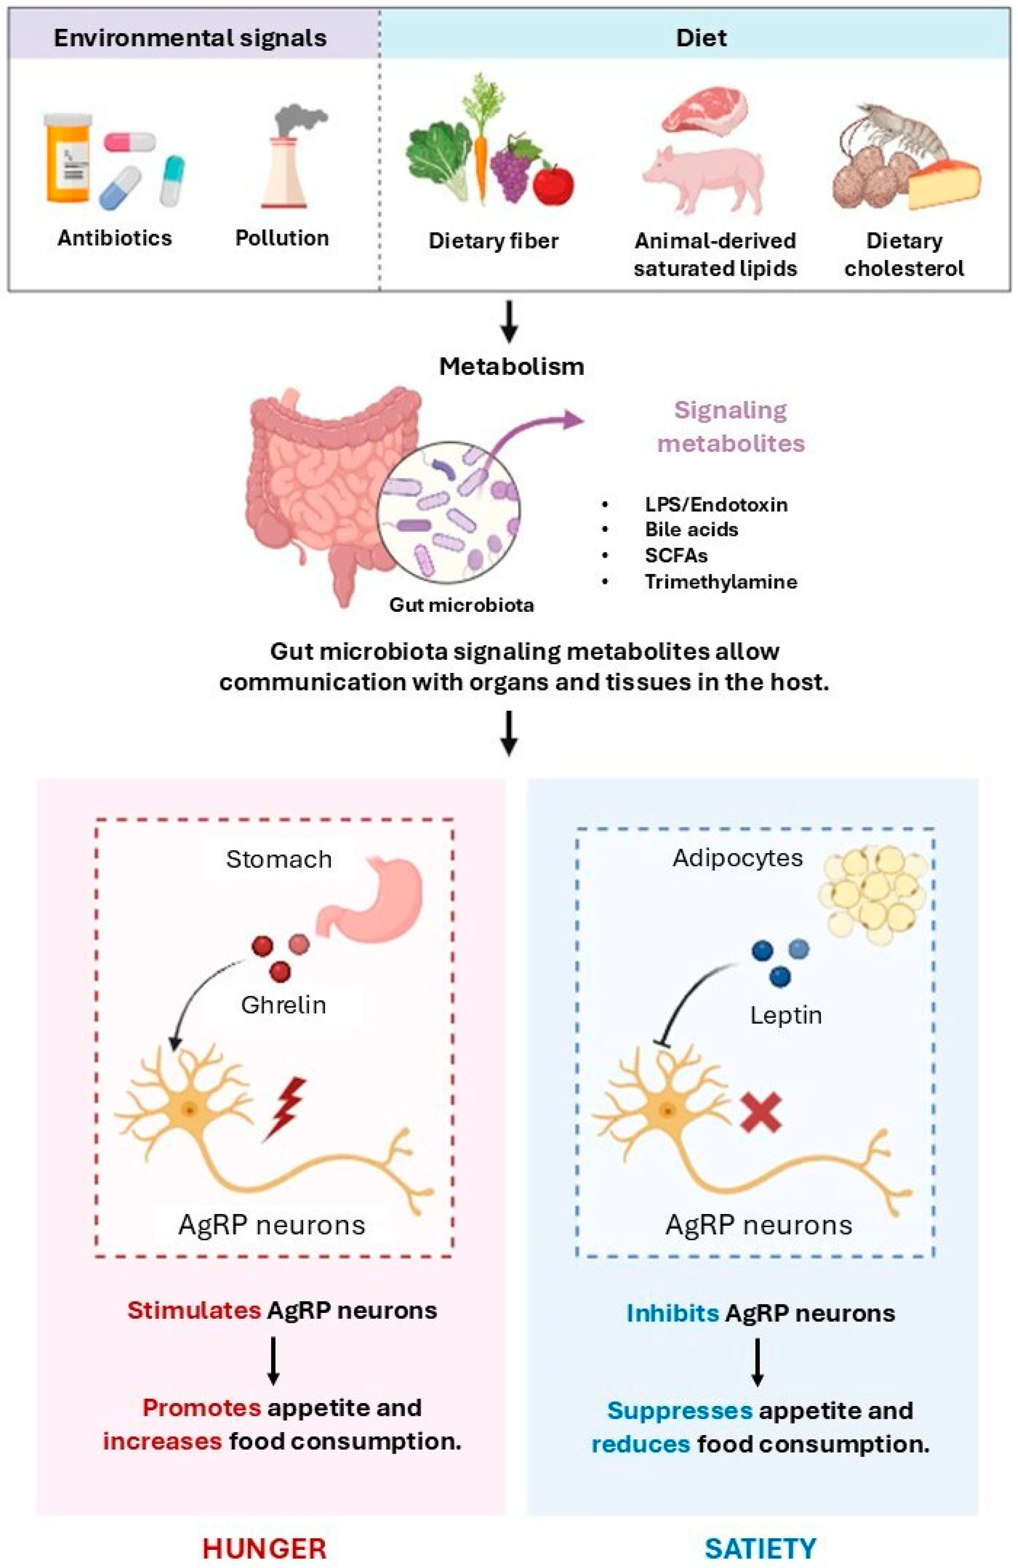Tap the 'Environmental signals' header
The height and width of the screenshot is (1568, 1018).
(190, 38)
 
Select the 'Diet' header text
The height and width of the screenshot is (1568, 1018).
(701, 38)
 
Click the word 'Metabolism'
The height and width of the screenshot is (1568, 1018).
(511, 366)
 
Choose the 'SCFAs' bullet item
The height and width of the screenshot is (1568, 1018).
(676, 556)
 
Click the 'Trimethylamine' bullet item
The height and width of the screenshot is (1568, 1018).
(721, 582)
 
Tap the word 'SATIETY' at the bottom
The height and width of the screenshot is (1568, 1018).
(760, 1548)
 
